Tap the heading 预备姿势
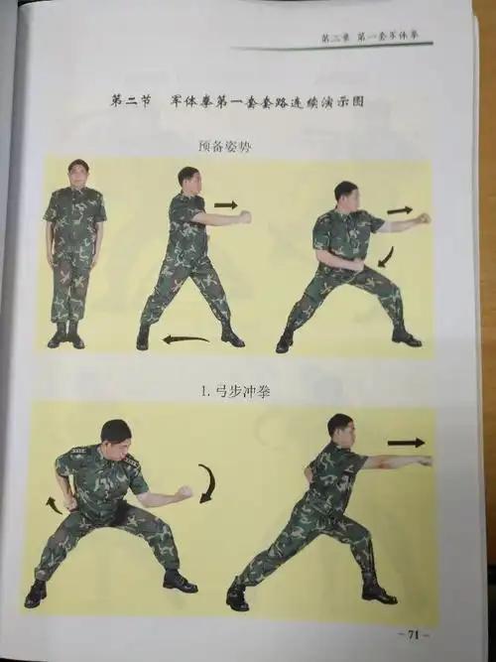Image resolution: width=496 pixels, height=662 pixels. coord(226,146)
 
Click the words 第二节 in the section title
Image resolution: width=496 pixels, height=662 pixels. coord(130,100)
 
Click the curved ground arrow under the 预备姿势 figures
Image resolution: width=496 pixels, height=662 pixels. coord(186,339)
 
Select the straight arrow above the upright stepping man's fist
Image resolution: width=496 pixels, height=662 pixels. coord(226,205)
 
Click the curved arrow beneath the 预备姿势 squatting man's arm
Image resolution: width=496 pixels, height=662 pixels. coord(386,259)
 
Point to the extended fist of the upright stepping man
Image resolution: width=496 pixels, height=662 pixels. coord(244,216)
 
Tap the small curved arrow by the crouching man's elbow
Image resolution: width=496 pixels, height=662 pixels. coord(53,505)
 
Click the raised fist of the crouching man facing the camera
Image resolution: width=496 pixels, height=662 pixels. coord(185,491)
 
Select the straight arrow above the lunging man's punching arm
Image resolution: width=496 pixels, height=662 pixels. coord(405,443)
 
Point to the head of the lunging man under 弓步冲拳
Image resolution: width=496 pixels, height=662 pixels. coord(340,430)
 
